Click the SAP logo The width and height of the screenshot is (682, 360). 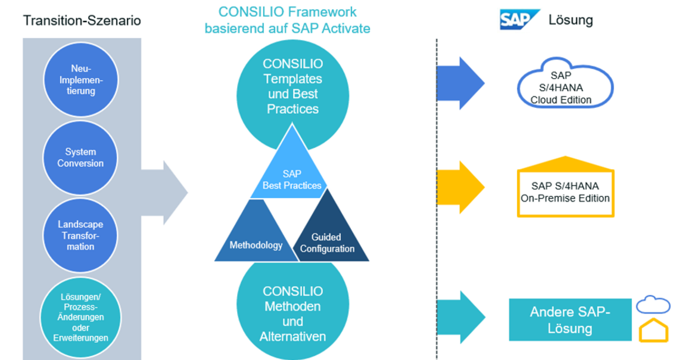coord(519,20)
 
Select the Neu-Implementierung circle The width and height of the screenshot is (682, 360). coord(81,80)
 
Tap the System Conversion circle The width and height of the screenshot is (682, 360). coord(80,157)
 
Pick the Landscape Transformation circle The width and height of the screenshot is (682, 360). coord(80,235)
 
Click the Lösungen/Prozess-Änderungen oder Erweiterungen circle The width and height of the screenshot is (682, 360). coord(80,317)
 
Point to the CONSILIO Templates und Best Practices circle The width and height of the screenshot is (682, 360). coord(292,87)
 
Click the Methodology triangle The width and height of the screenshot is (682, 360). coord(256,235)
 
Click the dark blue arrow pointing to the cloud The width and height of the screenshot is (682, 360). coord(460,83)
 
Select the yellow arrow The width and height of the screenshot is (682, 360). coord(460,187)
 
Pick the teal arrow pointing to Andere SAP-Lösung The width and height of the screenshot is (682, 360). coord(460,317)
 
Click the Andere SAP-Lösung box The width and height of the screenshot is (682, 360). coord(570,319)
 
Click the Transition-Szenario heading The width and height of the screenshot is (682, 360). coord(82,20)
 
